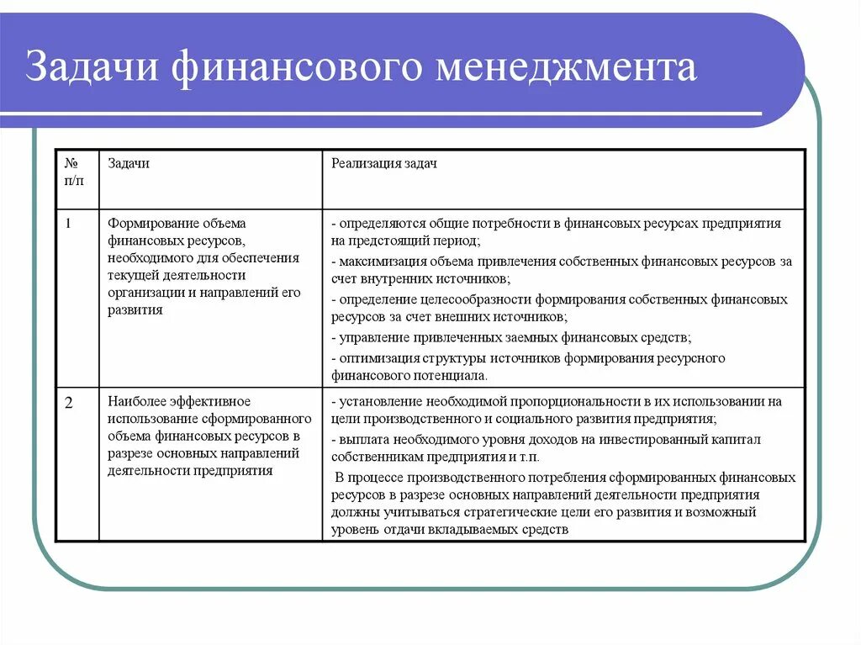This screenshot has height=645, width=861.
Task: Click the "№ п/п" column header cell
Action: pyautogui.click(x=73, y=172)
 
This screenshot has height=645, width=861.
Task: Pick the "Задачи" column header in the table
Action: pyautogui.click(x=128, y=163)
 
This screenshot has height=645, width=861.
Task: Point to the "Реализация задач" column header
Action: pyautogui.click(x=383, y=163)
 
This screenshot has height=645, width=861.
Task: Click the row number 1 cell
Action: pyautogui.click(x=68, y=224)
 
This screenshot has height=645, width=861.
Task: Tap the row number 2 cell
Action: pyautogui.click(x=69, y=402)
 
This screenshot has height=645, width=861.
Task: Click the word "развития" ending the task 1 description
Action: pyautogui.click(x=135, y=309)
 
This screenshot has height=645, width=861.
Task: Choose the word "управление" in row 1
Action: pyautogui.click(x=372, y=337)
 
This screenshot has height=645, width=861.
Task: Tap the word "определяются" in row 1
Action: pyautogui.click(x=379, y=224)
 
